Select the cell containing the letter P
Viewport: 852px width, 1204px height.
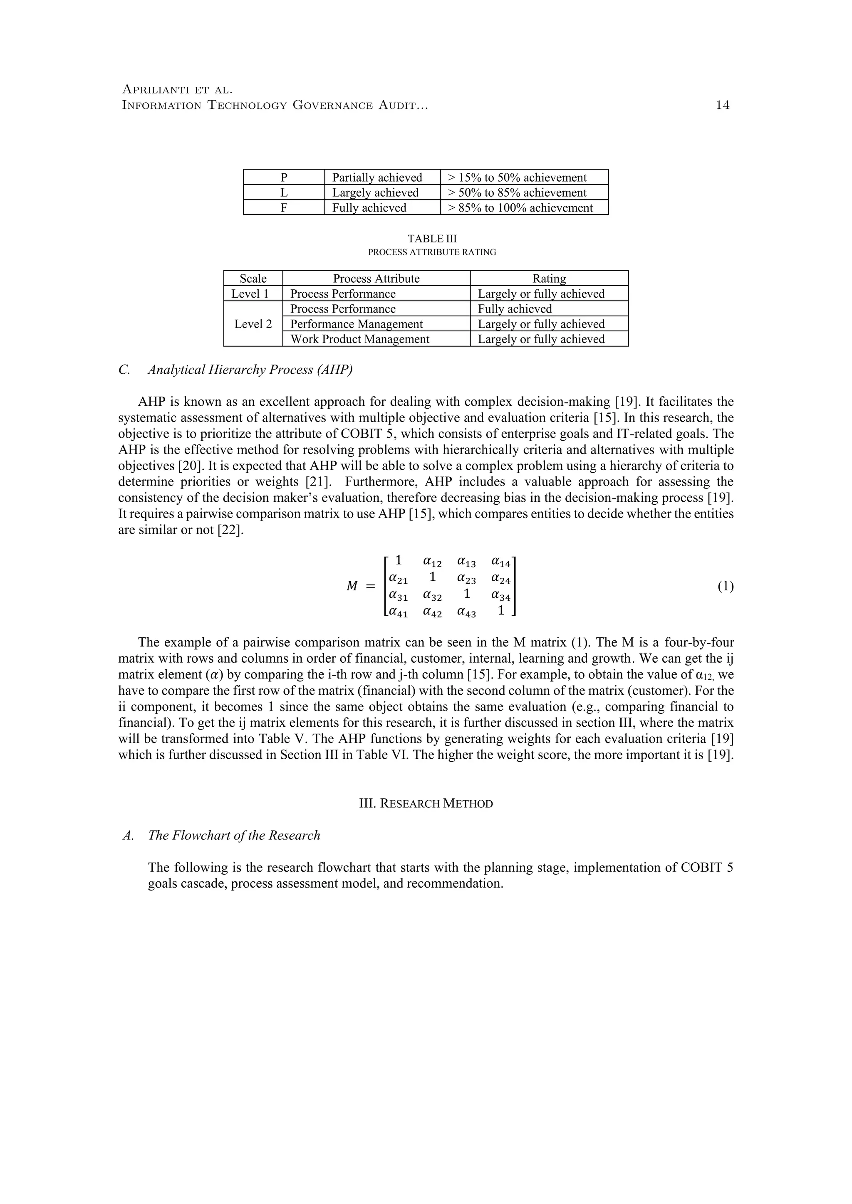(284, 177)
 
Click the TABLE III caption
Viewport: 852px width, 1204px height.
(432, 239)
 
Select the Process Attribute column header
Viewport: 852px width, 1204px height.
(376, 279)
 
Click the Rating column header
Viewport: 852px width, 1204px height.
(549, 279)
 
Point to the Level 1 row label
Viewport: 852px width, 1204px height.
(253, 294)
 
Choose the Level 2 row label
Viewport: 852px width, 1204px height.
(253, 324)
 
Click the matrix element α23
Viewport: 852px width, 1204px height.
(466, 579)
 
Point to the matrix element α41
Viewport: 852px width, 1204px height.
(398, 612)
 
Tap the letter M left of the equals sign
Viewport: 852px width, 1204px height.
(352, 587)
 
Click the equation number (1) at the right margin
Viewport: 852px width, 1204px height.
(725, 586)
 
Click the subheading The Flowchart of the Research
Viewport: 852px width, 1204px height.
(233, 835)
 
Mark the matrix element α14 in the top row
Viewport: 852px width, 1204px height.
(500, 563)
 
